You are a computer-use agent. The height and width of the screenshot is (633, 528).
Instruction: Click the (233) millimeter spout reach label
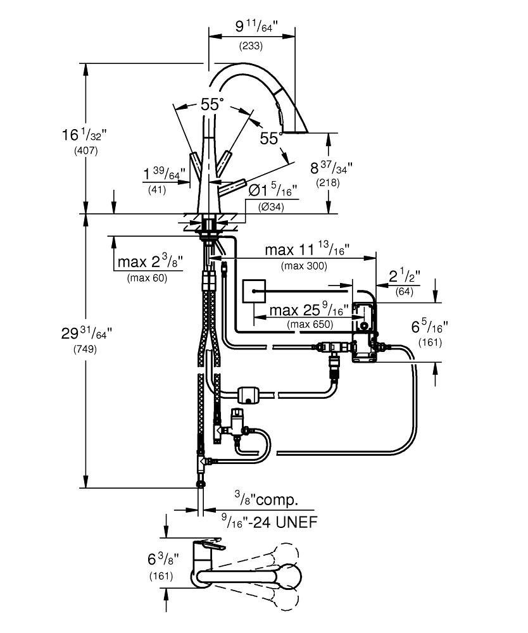[251, 46]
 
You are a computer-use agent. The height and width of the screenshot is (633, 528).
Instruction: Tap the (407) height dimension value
[85, 151]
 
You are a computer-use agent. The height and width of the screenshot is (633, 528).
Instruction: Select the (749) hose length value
[85, 349]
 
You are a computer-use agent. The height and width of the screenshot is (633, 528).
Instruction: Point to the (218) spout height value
[327, 183]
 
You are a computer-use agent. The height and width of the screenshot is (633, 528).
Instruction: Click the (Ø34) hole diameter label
[271, 207]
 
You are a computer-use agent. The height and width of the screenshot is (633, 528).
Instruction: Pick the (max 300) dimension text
[304, 266]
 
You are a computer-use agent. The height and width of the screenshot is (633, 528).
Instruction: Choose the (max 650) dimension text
[310, 324]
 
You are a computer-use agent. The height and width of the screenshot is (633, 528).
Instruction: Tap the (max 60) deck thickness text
[147, 278]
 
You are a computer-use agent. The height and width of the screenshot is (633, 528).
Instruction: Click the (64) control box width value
[404, 291]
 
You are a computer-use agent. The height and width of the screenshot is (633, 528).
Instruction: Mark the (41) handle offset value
[157, 189]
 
